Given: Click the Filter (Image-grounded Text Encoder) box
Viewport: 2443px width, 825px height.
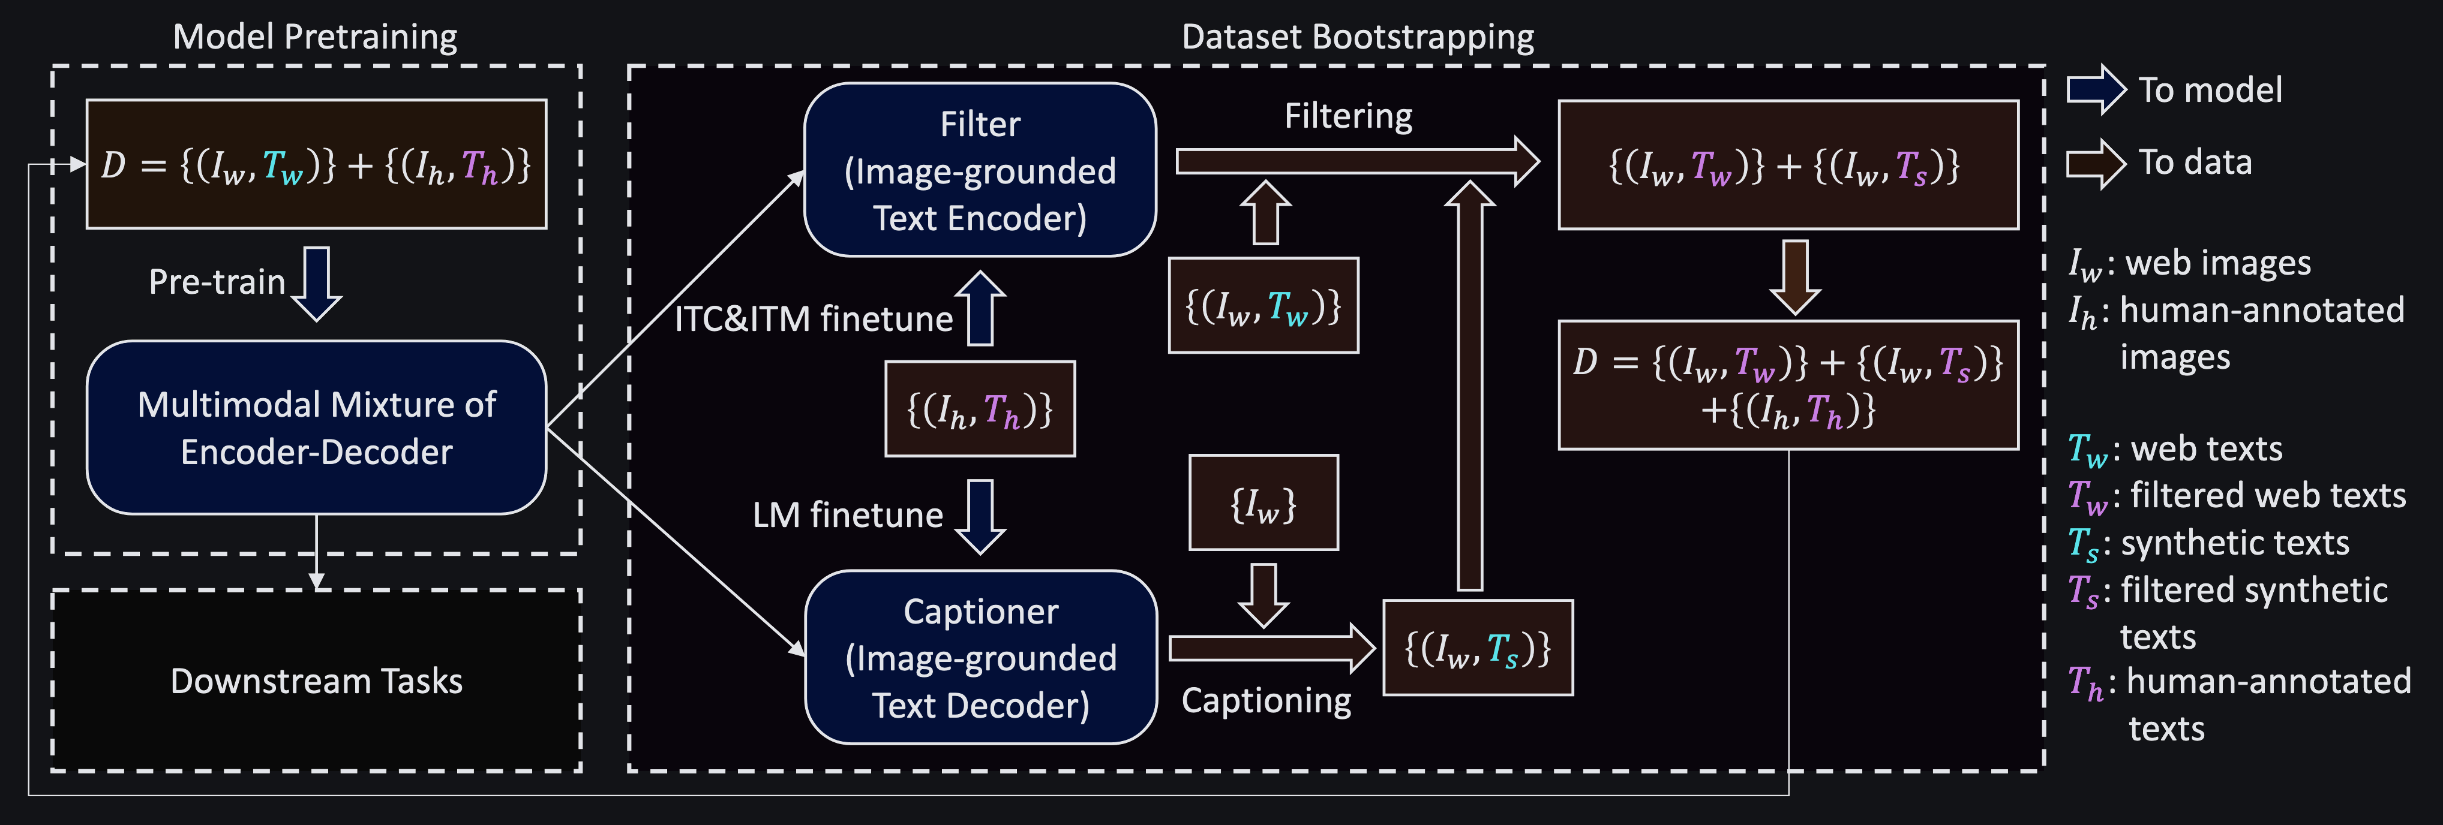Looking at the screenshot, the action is (980, 170).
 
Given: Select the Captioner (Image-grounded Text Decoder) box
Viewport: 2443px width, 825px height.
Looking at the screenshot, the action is (980, 657).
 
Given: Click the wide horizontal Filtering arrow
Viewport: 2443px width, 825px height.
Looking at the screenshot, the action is (1357, 162).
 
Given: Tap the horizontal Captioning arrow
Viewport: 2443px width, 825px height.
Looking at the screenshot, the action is (1272, 649).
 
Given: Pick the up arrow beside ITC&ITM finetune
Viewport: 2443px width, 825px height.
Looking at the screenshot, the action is (980, 308).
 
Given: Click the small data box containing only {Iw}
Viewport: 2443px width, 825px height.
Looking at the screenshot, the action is (1263, 502).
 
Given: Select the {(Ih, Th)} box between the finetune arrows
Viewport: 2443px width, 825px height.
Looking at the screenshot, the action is (980, 409).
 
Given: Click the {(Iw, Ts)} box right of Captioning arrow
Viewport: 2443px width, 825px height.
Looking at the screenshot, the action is (1478, 648).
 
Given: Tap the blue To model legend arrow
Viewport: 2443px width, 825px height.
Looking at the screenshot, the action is (2097, 90).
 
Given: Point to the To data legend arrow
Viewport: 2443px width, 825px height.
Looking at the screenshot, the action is (2097, 163).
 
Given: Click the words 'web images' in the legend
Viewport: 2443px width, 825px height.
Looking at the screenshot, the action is (2218, 263).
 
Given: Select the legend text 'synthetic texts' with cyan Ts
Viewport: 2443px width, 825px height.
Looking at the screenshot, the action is (2235, 543).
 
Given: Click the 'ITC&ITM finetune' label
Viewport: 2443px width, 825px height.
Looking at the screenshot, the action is (814, 318).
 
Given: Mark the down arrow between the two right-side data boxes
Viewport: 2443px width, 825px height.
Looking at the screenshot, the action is (1795, 277).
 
